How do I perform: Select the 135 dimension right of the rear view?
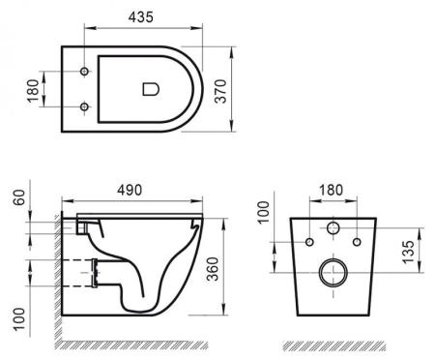[x=410, y=253]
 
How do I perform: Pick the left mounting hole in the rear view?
[x=311, y=240]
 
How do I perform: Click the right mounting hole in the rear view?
[x=356, y=240]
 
